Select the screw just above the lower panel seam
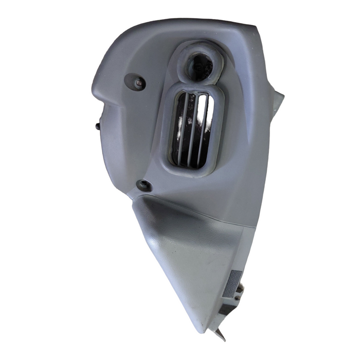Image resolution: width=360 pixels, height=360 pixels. tap(144, 185)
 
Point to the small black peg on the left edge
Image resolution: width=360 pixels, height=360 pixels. tap(97, 125)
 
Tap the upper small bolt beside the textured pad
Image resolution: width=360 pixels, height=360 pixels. tap(240, 290)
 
